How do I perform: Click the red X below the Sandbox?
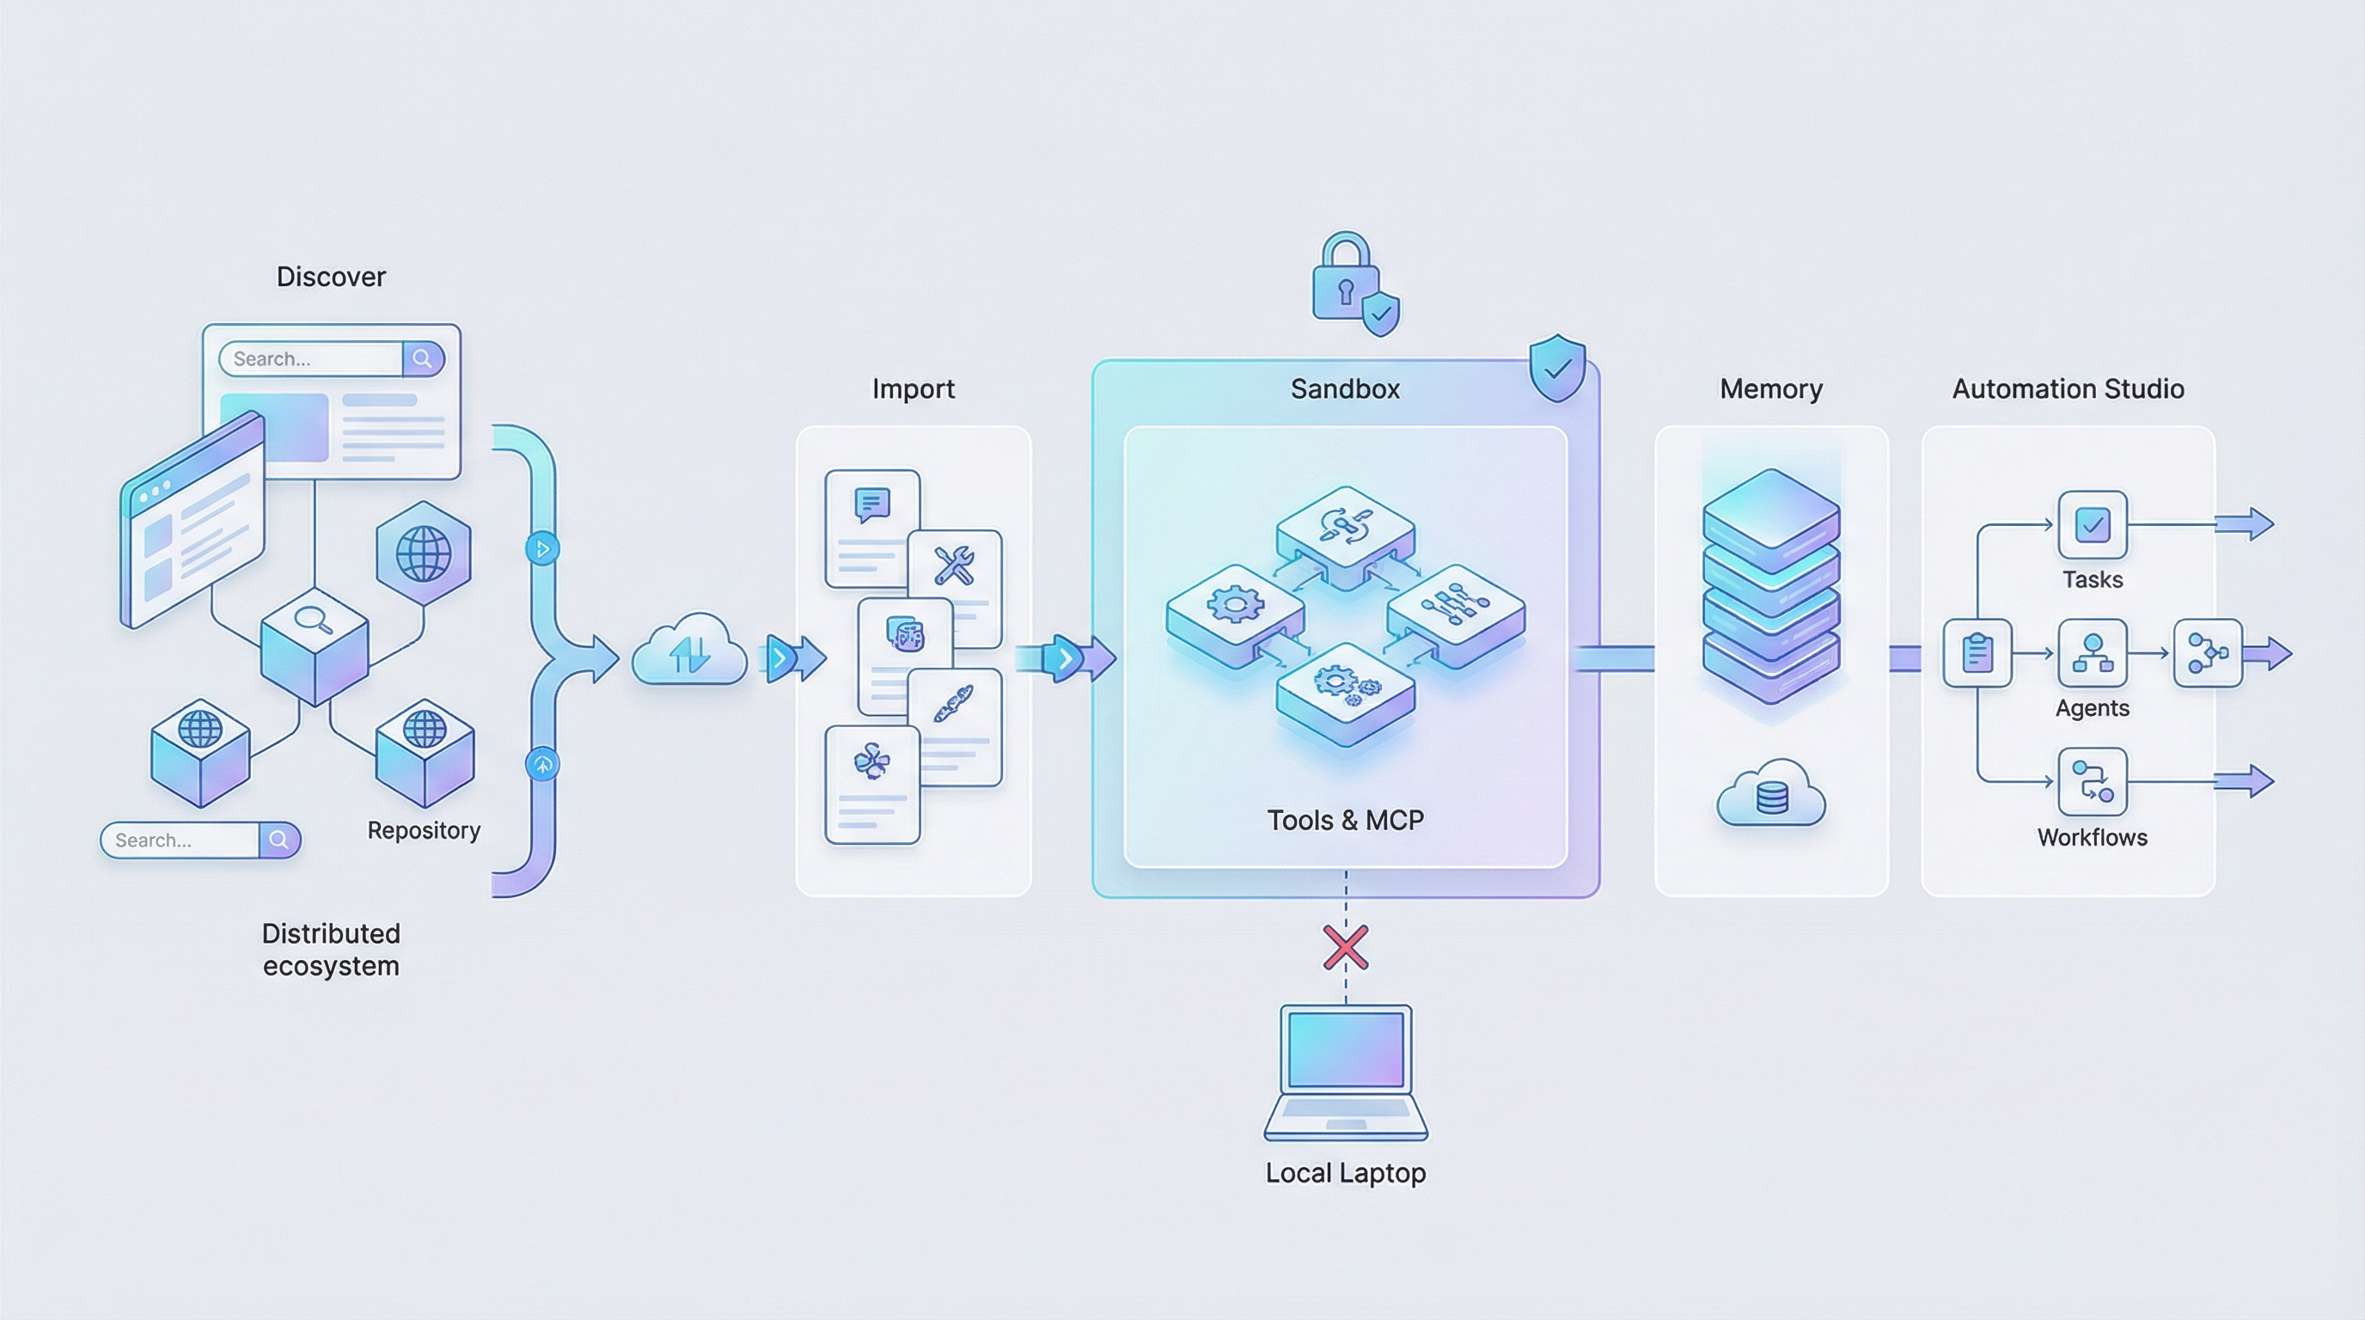pos(1345,947)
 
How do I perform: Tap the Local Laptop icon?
pos(1345,1072)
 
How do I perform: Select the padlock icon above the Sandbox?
pos(1346,278)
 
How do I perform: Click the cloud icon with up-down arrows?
pos(689,651)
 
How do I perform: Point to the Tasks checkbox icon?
pos(2092,525)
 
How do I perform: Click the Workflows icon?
pos(2092,782)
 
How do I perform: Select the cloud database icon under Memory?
pos(1771,795)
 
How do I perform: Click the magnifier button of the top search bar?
pos(422,359)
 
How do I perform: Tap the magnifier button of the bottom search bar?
pos(279,840)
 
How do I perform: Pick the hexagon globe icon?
pos(423,553)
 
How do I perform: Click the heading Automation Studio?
pos(2068,389)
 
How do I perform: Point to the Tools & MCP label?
pos(1345,821)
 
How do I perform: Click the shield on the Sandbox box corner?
pos(1557,368)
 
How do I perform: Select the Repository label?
pos(423,831)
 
